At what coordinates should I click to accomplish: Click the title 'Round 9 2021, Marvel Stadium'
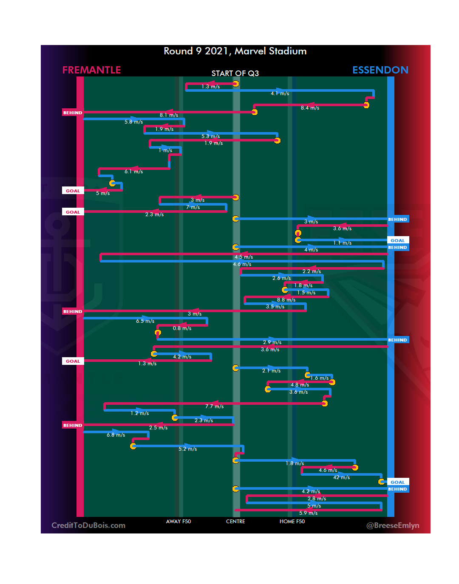[x=235, y=51]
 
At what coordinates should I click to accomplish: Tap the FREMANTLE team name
[x=91, y=70]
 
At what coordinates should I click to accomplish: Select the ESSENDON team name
[x=380, y=70]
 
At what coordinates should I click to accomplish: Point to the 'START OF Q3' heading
[x=235, y=73]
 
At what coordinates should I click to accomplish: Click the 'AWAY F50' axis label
[x=178, y=522]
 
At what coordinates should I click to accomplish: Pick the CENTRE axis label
[x=235, y=522]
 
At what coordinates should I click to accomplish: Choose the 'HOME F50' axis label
[x=292, y=522]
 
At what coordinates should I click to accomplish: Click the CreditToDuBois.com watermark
[x=88, y=525]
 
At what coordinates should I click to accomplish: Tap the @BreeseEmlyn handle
[x=393, y=525]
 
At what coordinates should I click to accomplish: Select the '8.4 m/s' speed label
[x=310, y=108]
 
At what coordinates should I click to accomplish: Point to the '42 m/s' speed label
[x=341, y=477]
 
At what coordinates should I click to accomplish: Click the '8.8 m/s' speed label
[x=286, y=300]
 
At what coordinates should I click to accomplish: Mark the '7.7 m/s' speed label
[x=214, y=406]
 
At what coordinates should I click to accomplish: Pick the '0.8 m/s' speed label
[x=182, y=328]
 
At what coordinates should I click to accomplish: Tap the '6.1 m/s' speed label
[x=133, y=172]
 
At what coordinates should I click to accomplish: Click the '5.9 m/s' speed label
[x=308, y=513]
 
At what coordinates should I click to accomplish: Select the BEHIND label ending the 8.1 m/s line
[x=73, y=113]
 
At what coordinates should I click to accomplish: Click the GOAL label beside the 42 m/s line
[x=397, y=482]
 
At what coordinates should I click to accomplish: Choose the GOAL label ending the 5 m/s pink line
[x=73, y=191]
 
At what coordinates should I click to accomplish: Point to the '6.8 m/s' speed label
[x=116, y=435]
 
